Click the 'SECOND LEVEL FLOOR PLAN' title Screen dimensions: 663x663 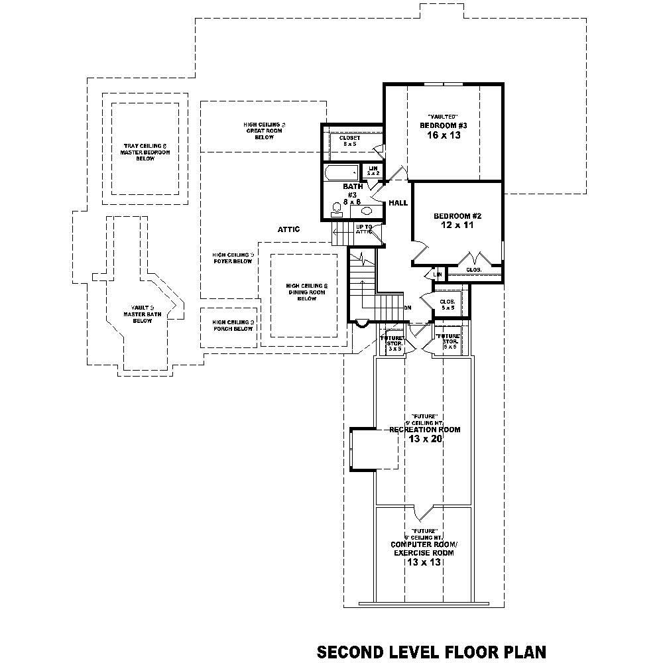point(432,651)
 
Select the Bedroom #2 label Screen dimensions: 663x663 point(457,216)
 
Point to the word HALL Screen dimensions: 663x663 point(398,203)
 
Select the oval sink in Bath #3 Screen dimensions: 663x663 point(366,211)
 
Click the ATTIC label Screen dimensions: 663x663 point(288,229)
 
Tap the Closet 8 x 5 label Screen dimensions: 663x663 point(349,141)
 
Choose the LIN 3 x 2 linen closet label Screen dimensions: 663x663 point(373,171)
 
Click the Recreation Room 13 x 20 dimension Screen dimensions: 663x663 point(424,439)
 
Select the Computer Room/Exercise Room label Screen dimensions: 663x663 point(424,548)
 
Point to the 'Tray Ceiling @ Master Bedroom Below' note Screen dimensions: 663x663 point(145,152)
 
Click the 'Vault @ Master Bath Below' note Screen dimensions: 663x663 point(142,314)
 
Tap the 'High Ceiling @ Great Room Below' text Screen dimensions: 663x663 point(264,131)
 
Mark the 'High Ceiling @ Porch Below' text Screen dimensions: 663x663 point(233,325)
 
